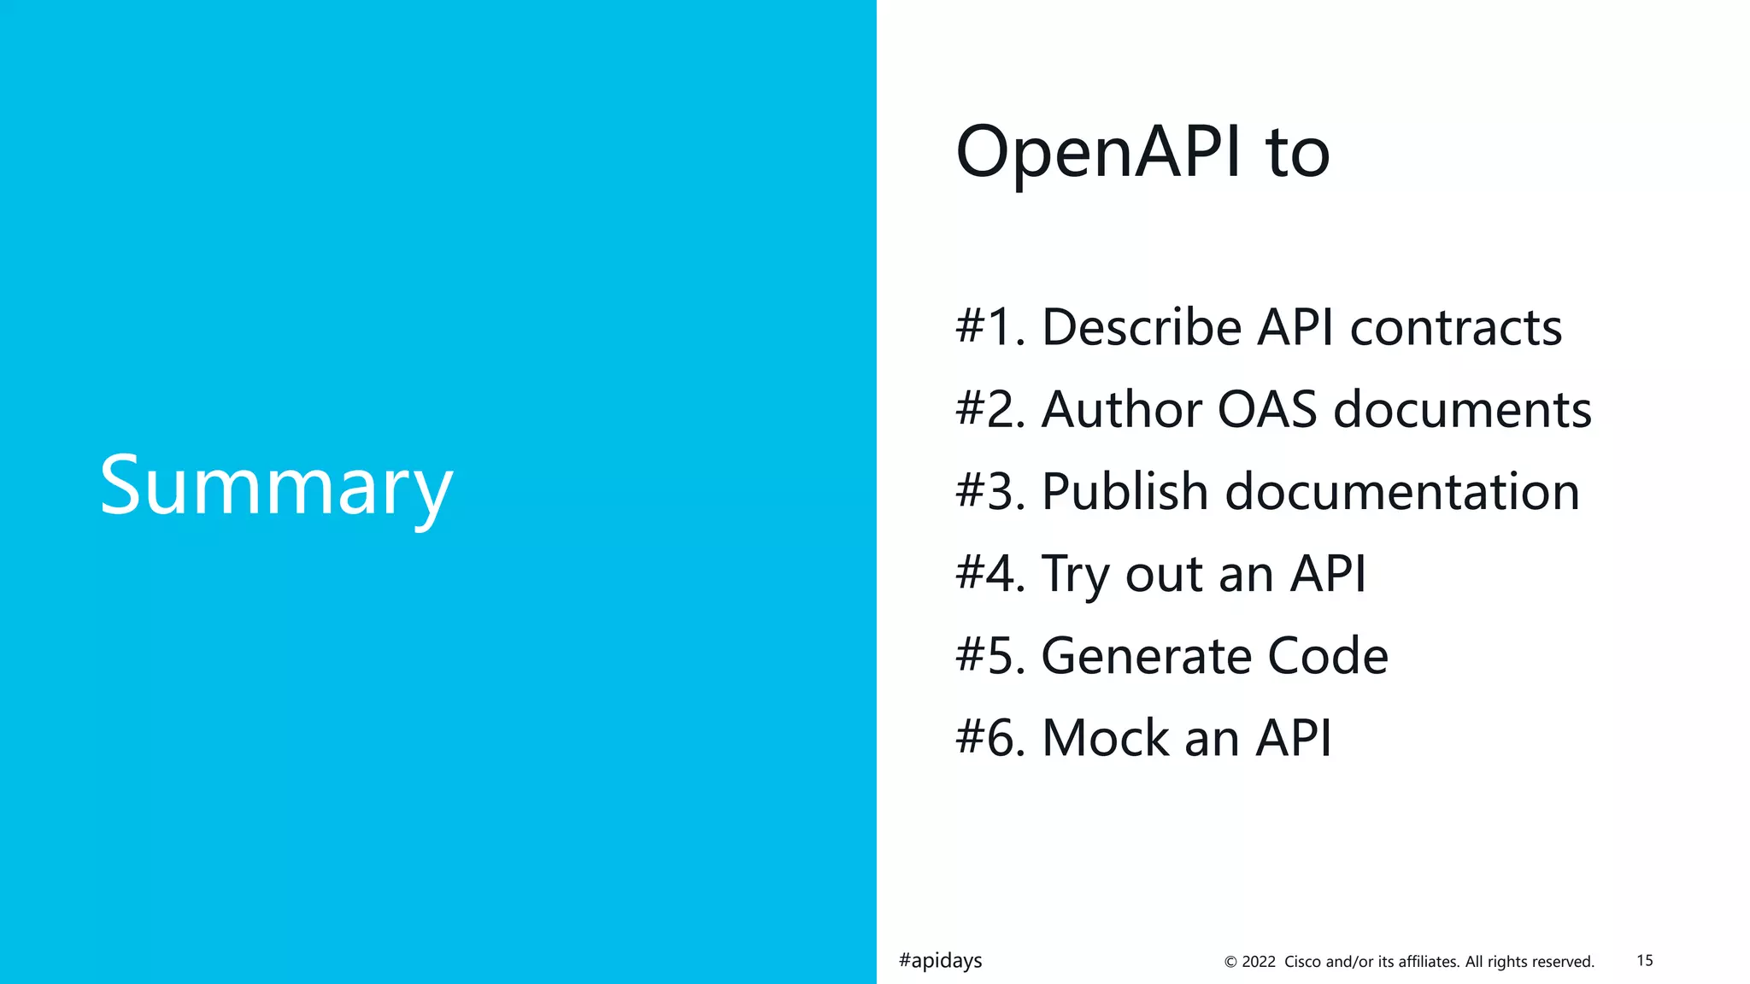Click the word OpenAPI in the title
pyautogui.click(x=1098, y=152)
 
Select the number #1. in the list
pyautogui.click(x=990, y=327)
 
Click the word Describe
pyautogui.click(x=1142, y=327)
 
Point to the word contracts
pyautogui.click(x=1455, y=327)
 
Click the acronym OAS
pyautogui.click(x=1267, y=409)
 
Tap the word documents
pyautogui.click(x=1462, y=409)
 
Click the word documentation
pyautogui.click(x=1402, y=491)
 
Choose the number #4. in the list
pyautogui.click(x=990, y=573)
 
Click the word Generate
pyautogui.click(x=1145, y=655)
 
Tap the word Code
pyautogui.click(x=1328, y=655)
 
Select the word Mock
pyautogui.click(x=1105, y=737)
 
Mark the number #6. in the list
pyautogui.click(x=990, y=737)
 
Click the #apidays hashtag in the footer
pyautogui.click(x=940, y=961)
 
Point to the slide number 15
pyautogui.click(x=1645, y=960)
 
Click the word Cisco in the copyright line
pyautogui.click(x=1303, y=962)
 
